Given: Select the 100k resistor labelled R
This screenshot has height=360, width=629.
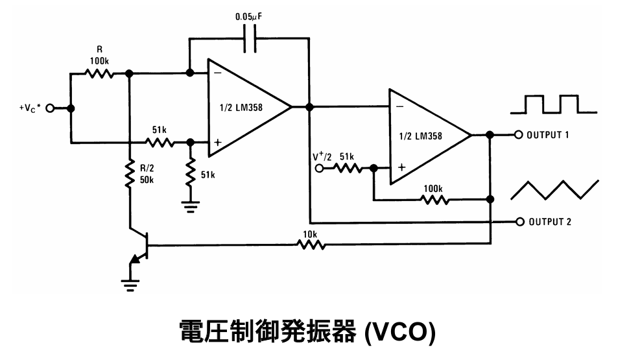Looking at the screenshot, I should tap(99, 73).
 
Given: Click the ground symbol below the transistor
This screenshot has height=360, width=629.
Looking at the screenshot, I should tap(131, 283).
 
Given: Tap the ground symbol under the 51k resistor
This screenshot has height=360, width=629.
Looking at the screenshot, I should tap(190, 207).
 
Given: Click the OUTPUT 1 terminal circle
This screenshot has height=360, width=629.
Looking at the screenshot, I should tap(518, 136).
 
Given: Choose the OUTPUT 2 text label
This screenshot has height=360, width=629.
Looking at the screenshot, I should tap(550, 222).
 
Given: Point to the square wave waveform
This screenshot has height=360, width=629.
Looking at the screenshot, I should tap(553, 104).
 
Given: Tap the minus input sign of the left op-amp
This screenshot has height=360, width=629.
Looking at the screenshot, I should tap(218, 73).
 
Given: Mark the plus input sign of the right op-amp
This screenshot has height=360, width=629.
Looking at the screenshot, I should tap(401, 167).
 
